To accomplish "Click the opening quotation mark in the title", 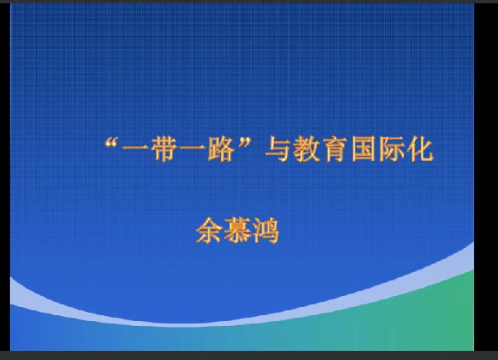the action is (x=111, y=144).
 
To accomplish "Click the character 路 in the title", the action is (x=221, y=148).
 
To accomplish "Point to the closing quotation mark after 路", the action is (x=245, y=143).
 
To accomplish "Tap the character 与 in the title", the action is (x=277, y=148).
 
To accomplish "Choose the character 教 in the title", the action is (x=306, y=148).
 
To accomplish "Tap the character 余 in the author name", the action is (x=209, y=231).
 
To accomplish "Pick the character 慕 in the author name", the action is (x=237, y=231).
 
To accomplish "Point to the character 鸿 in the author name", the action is (x=266, y=231).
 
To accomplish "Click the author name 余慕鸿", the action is (x=237, y=231).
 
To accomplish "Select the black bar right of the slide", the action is (x=486, y=178).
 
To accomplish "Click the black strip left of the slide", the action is (x=5, y=178).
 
